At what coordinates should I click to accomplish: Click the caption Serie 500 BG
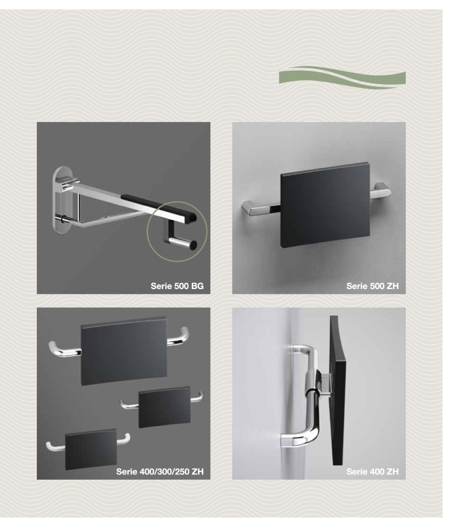tap(177, 286)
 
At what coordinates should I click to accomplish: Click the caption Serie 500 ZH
tap(373, 286)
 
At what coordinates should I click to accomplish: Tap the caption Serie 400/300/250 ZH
tap(160, 472)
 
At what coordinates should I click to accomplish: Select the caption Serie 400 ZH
tap(373, 472)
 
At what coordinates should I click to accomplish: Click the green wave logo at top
tap(342, 78)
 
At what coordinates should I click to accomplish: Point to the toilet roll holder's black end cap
tap(193, 245)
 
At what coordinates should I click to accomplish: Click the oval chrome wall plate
tap(63, 201)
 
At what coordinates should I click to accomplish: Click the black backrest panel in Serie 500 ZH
tap(325, 206)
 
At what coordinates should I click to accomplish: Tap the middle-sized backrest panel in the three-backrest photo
tap(164, 407)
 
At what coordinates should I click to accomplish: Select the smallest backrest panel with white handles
tap(91, 449)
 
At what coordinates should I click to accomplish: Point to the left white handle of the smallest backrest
tap(55, 446)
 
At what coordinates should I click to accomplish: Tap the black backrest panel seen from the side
tap(337, 390)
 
